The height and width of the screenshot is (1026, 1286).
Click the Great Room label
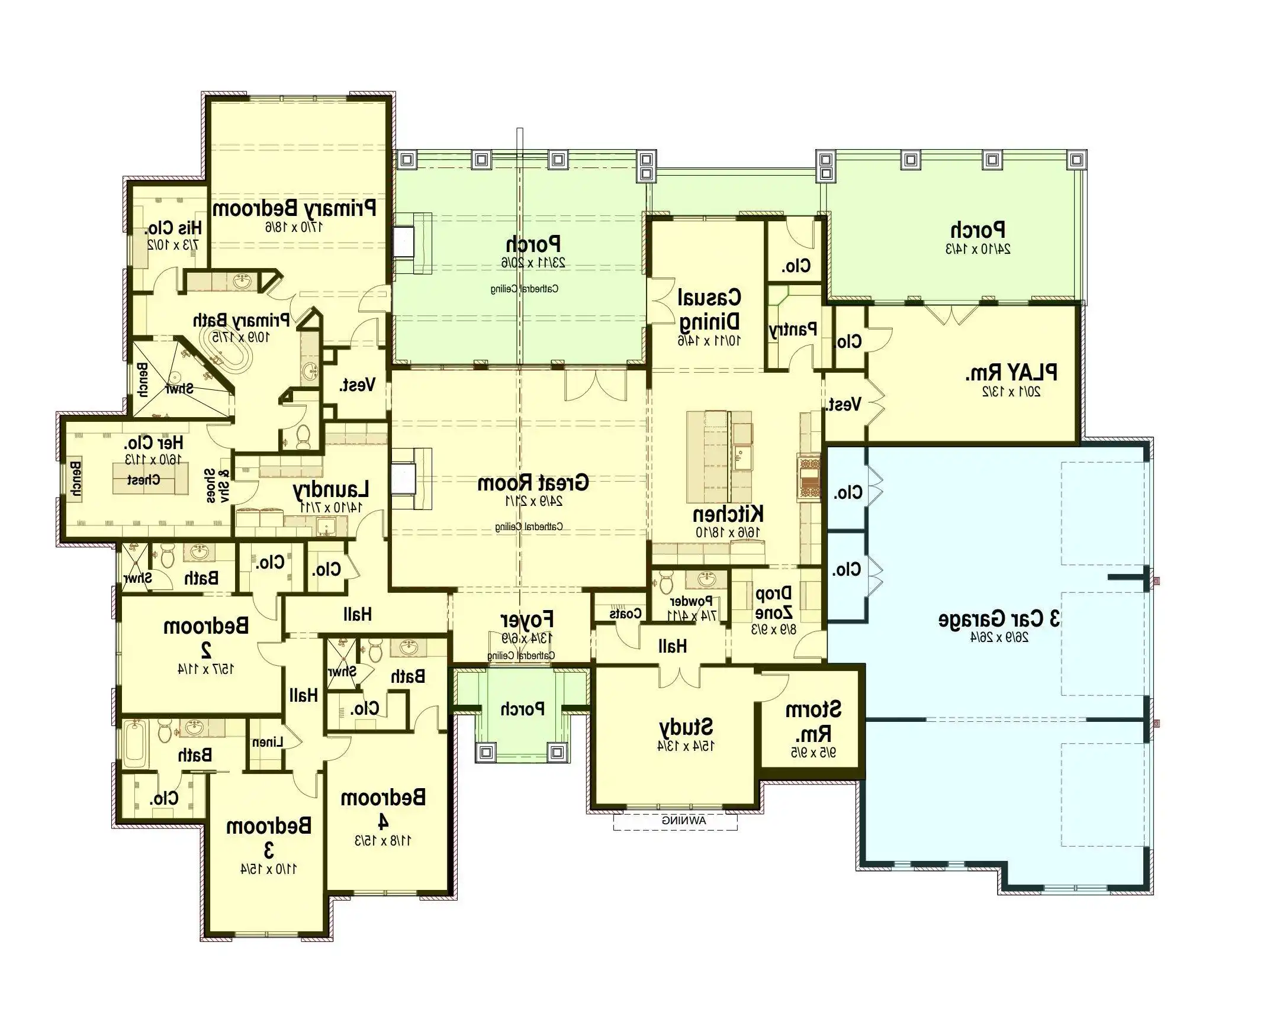point(533,483)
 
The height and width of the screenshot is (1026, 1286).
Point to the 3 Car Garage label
point(999,620)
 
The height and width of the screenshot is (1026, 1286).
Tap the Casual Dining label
point(709,309)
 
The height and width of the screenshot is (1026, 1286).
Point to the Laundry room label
point(330,489)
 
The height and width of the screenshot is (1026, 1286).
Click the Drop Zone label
point(774,603)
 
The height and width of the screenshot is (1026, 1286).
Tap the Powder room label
point(692,601)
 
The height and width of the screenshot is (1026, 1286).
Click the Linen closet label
point(267,742)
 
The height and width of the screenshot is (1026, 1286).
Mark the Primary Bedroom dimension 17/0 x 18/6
point(294,227)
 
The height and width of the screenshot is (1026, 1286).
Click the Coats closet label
point(625,613)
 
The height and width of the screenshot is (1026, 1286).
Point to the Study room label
point(686,727)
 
